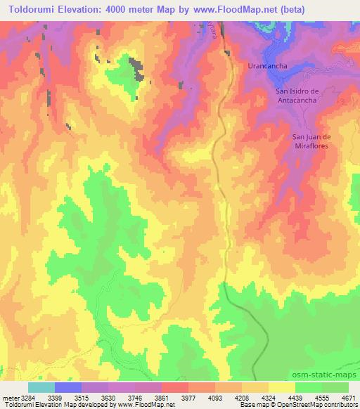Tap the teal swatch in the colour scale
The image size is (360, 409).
41,387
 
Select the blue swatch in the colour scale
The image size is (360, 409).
68,387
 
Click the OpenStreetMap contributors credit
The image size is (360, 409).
314,405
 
